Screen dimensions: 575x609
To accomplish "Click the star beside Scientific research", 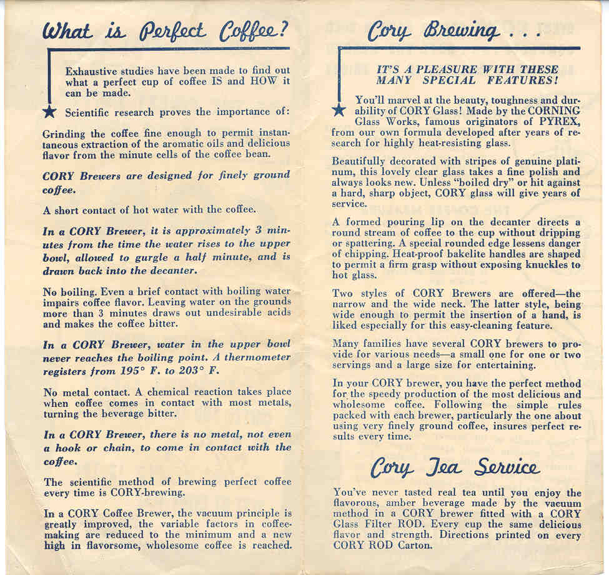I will [54, 112].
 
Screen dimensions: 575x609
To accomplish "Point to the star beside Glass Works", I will [339, 110].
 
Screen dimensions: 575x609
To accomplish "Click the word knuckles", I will [540, 265].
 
